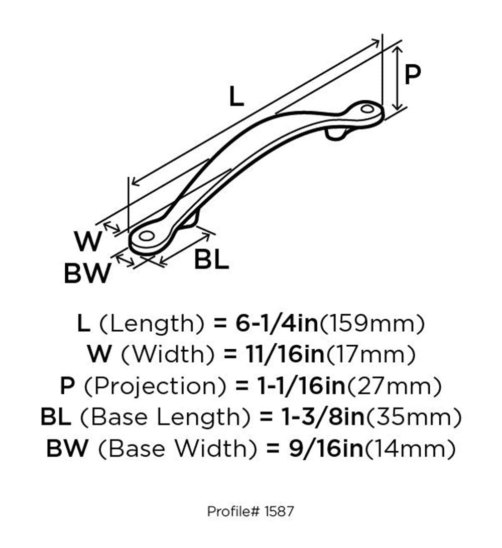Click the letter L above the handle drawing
coord(236,96)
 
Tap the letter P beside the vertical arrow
coord(412,74)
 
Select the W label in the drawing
coord(88,241)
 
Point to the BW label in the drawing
coord(87,273)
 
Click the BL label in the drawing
coord(211,259)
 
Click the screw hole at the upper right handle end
coord(367,109)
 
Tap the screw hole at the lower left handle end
coord(146,236)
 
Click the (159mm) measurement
coord(372,324)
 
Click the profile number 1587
coord(279,511)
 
